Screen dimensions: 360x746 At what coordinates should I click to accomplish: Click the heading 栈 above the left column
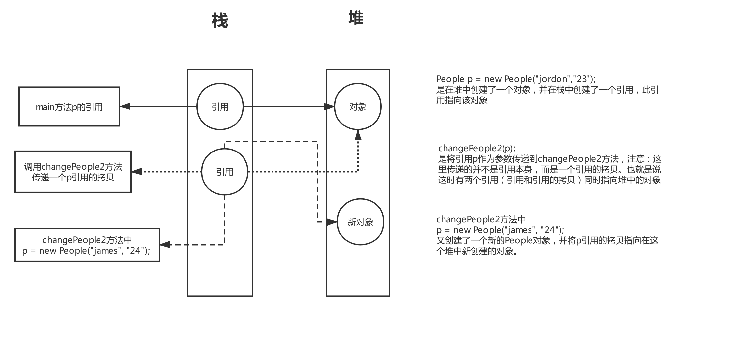[220, 21]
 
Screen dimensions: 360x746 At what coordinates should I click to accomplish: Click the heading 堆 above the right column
[356, 18]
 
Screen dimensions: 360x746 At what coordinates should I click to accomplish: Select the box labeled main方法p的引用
[69, 107]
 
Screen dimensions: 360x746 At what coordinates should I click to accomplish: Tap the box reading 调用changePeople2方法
[73, 167]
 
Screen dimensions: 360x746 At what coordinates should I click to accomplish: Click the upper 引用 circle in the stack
[220, 107]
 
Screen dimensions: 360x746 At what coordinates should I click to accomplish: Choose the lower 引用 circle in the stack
[224, 172]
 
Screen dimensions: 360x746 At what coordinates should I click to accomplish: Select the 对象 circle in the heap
[358, 107]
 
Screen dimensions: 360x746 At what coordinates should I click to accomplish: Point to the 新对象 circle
[360, 222]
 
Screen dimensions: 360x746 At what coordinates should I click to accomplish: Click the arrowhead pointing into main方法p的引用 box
[125, 106]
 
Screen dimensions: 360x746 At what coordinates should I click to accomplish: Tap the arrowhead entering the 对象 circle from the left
[330, 107]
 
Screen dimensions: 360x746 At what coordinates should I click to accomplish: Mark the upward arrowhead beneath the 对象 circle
[358, 135]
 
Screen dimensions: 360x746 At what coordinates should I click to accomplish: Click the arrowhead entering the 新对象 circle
[331, 222]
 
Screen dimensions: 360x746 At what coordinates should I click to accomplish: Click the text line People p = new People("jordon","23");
[516, 79]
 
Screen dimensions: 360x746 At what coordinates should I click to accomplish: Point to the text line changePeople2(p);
[477, 148]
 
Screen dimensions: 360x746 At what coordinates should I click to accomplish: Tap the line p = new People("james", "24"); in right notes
[500, 230]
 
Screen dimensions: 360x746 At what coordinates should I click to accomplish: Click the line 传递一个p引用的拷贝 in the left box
[73, 178]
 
